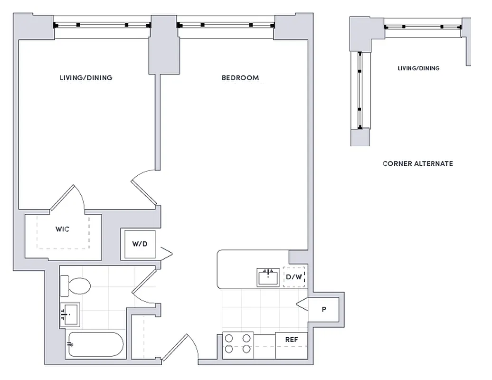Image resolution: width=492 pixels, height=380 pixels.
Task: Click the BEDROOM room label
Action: (x=240, y=78)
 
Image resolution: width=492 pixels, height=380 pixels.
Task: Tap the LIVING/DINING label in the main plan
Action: (x=86, y=78)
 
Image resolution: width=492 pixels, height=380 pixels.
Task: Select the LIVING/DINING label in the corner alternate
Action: (x=418, y=68)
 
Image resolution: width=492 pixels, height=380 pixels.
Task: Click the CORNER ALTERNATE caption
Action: (x=417, y=164)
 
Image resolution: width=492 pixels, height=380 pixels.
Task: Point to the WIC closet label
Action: (x=62, y=229)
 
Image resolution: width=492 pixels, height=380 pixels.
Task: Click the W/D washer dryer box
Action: (x=140, y=245)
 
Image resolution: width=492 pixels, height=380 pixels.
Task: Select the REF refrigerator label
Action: (x=291, y=340)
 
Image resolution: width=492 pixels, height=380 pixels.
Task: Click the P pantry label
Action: (x=324, y=310)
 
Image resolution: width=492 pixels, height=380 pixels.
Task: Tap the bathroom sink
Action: (x=70, y=314)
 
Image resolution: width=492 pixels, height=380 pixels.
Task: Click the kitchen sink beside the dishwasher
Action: (x=269, y=277)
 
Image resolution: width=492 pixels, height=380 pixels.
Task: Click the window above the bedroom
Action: (x=226, y=25)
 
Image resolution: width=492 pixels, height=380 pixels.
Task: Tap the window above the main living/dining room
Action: (x=102, y=25)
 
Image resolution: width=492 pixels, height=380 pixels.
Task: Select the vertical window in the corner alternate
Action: (x=360, y=90)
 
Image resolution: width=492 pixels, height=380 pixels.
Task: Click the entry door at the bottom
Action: (x=180, y=349)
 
